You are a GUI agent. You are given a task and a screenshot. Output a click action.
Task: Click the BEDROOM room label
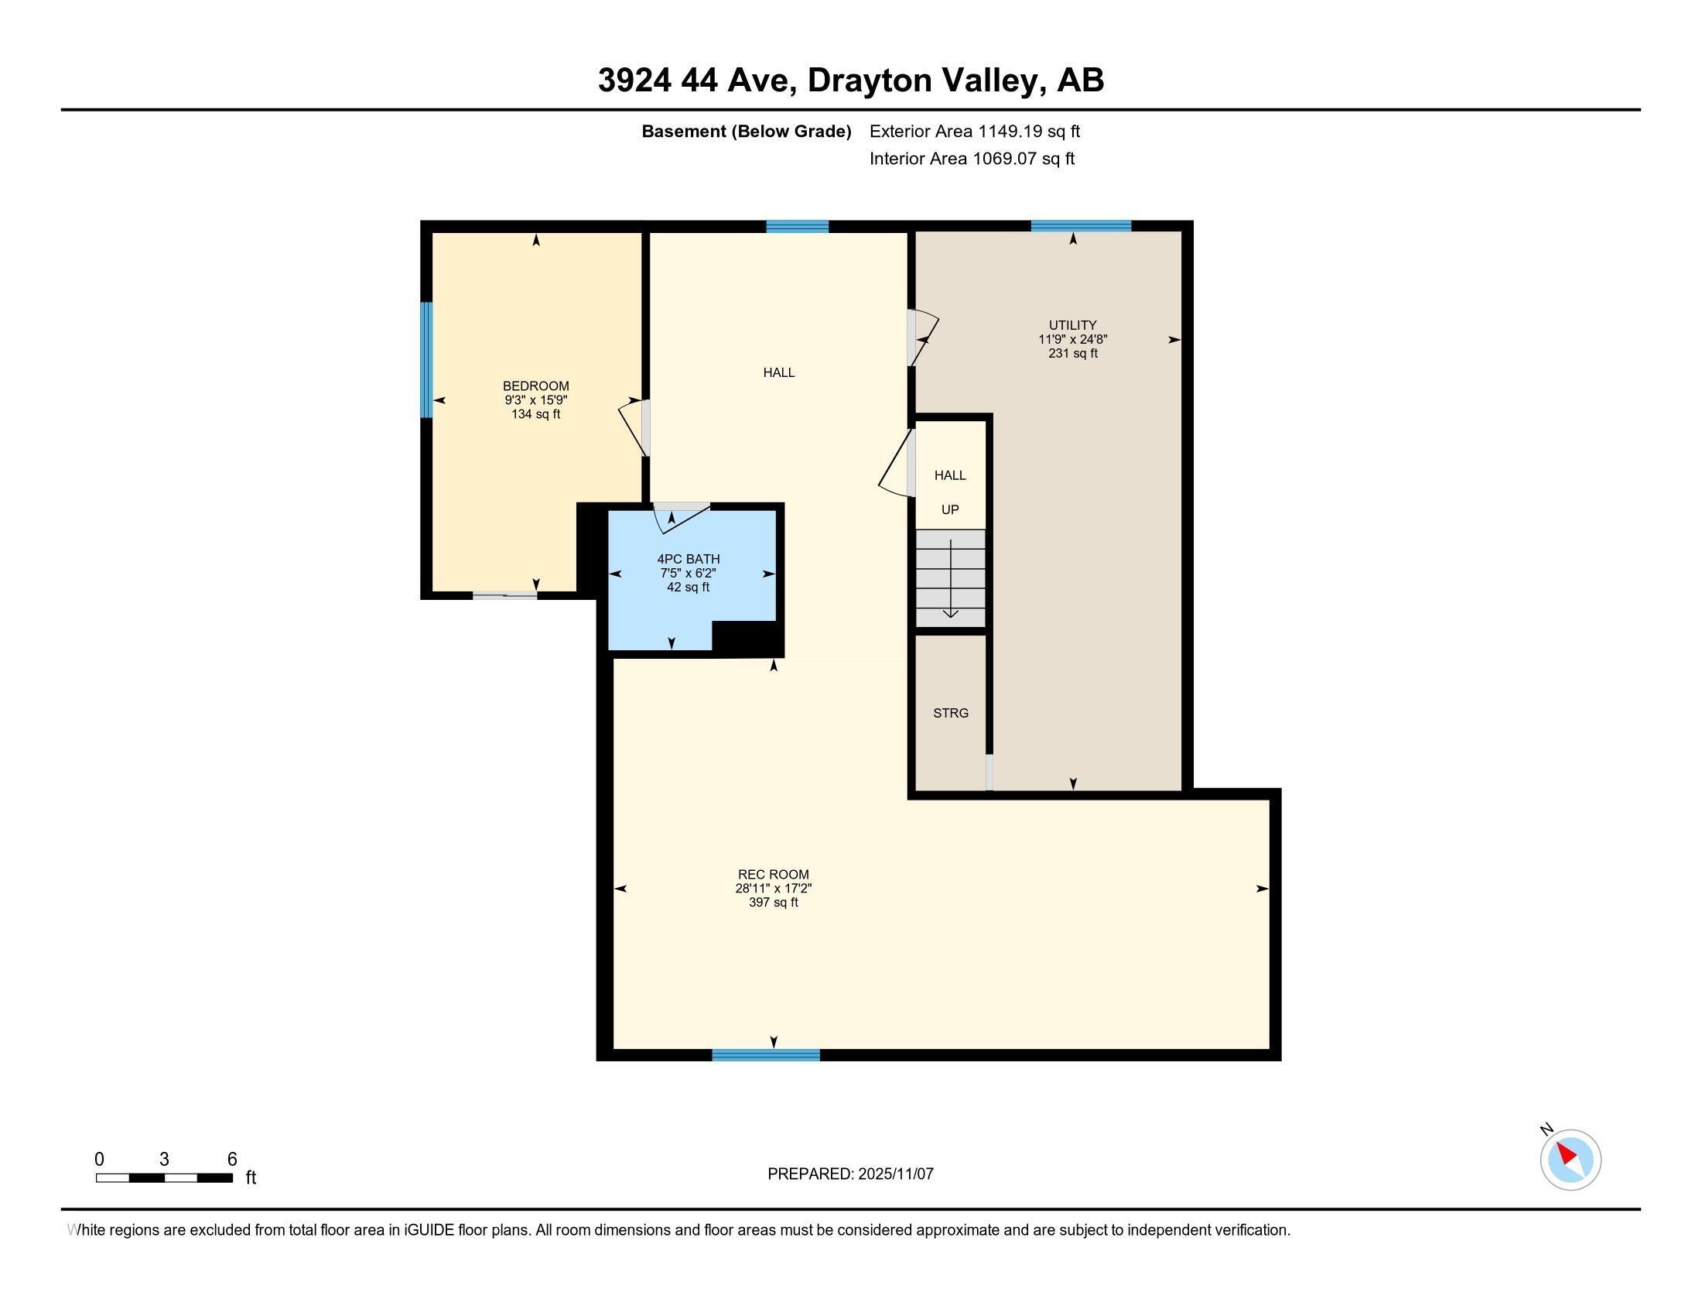[535, 386]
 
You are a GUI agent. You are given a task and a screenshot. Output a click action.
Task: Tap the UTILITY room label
[1072, 325]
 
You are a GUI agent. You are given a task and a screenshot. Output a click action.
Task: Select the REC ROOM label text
[773, 875]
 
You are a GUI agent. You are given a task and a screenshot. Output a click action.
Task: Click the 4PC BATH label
[688, 559]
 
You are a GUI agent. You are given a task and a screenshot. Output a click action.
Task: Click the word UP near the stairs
[950, 510]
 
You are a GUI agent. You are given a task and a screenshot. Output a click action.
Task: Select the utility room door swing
[924, 338]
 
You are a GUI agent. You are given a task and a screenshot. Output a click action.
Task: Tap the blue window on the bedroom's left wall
[426, 359]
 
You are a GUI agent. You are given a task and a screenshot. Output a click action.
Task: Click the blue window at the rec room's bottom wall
[765, 1055]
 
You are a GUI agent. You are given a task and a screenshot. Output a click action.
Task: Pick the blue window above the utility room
[1080, 226]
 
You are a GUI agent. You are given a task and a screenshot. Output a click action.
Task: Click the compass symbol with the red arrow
[1570, 1160]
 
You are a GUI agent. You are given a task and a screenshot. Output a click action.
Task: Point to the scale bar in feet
[165, 1177]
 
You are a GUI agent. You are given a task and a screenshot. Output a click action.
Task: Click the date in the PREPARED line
[894, 1174]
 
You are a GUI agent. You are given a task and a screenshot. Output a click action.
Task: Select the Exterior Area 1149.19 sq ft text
[974, 132]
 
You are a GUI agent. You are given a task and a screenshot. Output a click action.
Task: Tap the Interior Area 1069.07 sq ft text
[972, 159]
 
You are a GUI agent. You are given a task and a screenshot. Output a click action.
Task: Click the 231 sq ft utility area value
[1072, 353]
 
